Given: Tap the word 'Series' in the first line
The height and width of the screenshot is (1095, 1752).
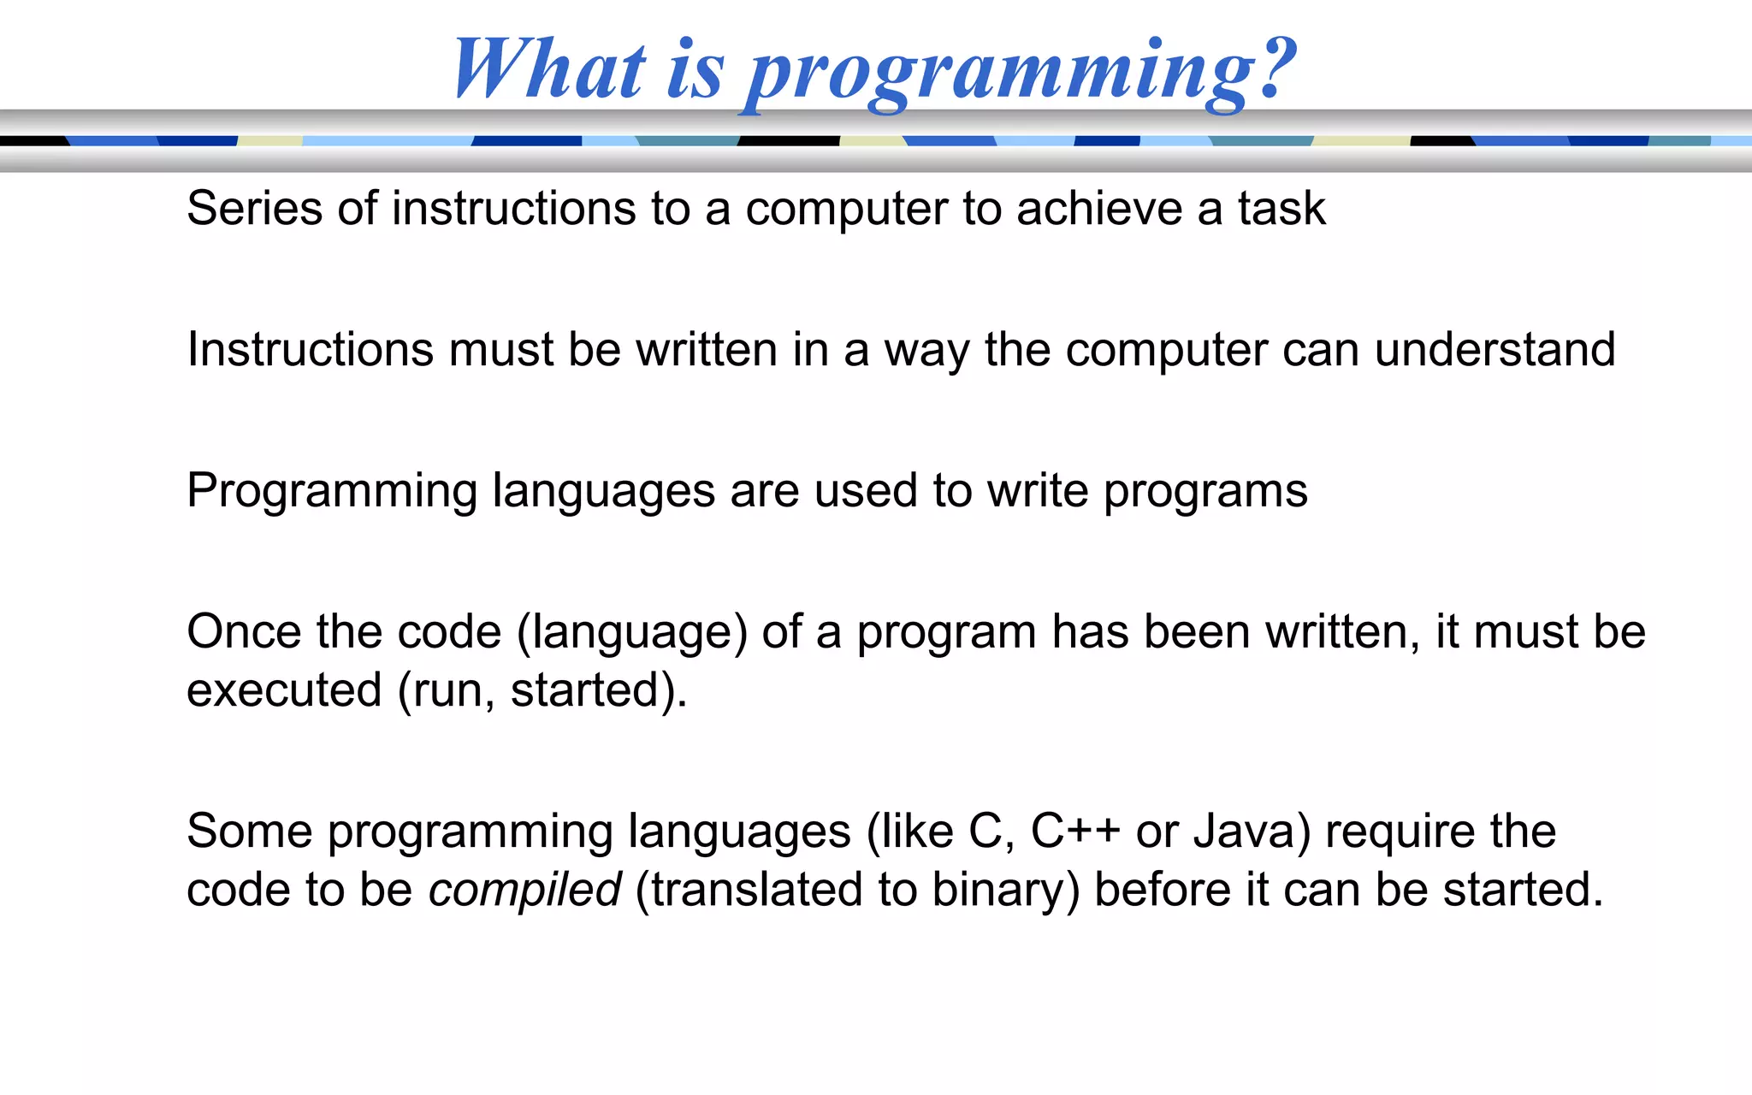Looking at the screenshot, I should pos(254,208).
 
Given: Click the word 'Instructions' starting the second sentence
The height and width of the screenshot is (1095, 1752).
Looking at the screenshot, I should pos(310,349).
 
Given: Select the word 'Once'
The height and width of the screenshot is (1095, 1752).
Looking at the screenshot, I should pos(244,631).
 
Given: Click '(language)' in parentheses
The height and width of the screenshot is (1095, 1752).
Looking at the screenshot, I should pos(631,633).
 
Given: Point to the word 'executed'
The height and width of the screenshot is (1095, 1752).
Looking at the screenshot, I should pos(284,690).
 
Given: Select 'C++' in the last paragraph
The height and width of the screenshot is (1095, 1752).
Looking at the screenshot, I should pos(1074,831).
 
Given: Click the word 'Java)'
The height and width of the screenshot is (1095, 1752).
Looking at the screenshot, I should pos(1252,832).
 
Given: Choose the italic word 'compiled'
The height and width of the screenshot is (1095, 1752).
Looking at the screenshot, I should pos(524,890).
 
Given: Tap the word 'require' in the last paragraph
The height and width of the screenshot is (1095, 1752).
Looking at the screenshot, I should pos(1400,832).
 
